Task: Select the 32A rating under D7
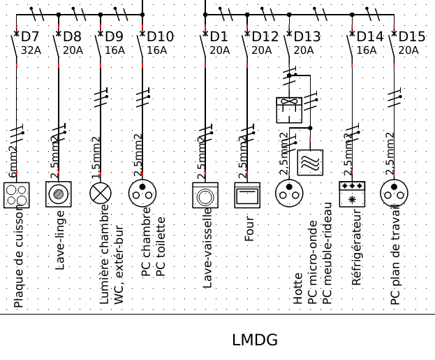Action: point(31,50)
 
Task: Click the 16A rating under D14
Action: point(367,50)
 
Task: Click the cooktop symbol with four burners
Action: point(16,194)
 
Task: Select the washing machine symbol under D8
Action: point(59,194)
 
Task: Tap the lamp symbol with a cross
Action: point(101,194)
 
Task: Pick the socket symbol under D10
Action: point(142,194)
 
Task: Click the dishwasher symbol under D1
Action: point(205,195)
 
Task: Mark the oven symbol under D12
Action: point(247,195)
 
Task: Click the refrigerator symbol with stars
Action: point(352,194)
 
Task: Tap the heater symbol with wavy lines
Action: point(310,163)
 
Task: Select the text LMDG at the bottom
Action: point(255,340)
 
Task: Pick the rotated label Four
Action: point(250,226)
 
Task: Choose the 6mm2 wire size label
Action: point(13,162)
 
